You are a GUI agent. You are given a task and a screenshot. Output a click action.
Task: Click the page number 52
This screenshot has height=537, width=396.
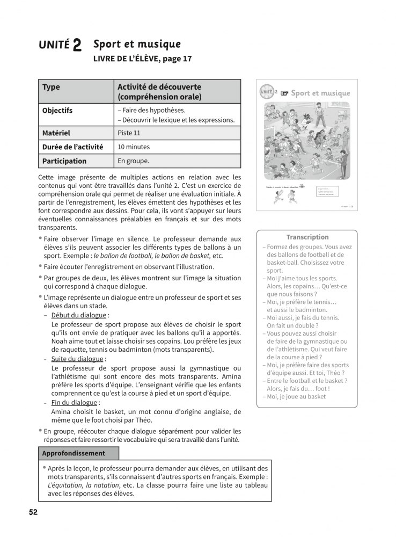(x=33, y=512)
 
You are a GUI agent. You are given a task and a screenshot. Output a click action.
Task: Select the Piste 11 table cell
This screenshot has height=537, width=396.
(x=129, y=133)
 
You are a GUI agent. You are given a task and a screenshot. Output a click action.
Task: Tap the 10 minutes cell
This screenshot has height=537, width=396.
(x=134, y=147)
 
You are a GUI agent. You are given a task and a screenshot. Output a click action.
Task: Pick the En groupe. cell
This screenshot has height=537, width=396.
(x=134, y=161)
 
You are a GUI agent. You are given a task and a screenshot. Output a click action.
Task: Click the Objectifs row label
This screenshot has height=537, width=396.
(x=57, y=111)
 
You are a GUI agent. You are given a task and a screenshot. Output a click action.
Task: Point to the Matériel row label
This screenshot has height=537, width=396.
(x=56, y=133)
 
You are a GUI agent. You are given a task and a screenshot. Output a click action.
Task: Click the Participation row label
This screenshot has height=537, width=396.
(x=64, y=161)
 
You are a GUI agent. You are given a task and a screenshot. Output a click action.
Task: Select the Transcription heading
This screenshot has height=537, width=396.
(x=307, y=237)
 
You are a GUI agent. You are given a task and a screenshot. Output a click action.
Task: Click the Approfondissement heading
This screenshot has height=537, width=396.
(x=73, y=453)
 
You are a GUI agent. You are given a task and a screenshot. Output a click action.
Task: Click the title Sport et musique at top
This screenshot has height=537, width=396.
(x=137, y=44)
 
